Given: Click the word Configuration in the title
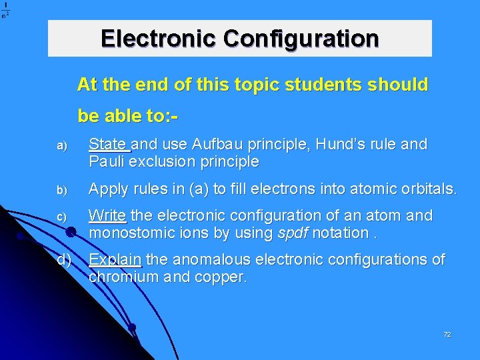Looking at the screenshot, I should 301,38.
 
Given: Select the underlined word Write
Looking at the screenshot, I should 108,216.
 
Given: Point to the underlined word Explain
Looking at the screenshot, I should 115,259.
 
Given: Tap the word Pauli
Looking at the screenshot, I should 107,162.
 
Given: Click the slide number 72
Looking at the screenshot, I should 447,334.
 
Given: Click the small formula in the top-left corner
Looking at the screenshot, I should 5,11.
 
